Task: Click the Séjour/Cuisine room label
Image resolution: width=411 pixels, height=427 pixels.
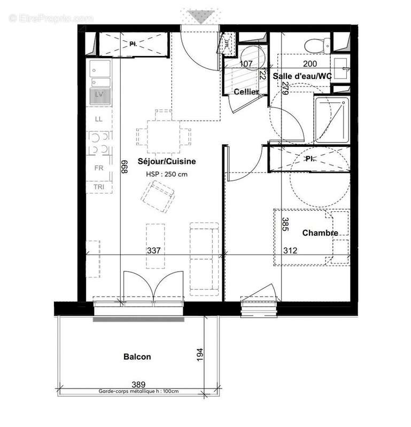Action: click(167, 161)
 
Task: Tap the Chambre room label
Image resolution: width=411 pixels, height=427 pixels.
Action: click(320, 233)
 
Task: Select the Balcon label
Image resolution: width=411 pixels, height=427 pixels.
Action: click(137, 357)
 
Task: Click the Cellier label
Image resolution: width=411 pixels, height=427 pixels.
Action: click(246, 92)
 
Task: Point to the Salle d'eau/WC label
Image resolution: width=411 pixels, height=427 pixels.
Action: click(302, 77)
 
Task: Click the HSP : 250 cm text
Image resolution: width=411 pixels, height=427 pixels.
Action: click(167, 174)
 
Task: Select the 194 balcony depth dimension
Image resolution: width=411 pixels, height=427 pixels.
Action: click(199, 354)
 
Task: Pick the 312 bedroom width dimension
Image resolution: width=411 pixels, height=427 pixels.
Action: click(291, 250)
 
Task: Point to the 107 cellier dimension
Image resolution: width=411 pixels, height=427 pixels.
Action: click(246, 64)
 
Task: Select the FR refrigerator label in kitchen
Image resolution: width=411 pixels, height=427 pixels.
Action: click(99, 168)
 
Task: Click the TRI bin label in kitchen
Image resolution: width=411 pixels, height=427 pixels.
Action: click(99, 187)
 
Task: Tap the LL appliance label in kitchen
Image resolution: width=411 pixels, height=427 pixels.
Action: click(99, 119)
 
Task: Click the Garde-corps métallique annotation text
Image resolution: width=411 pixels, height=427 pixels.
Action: click(138, 391)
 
